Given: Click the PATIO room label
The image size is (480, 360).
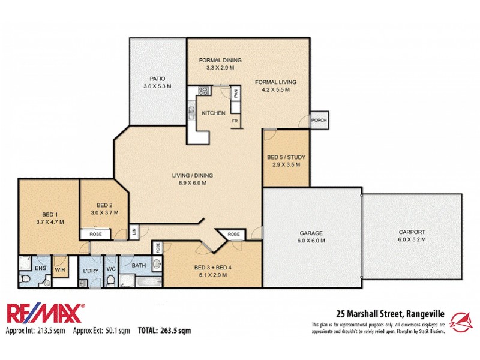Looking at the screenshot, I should pyautogui.click(x=157, y=79).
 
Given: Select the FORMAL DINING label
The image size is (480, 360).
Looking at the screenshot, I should pyautogui.click(x=220, y=60).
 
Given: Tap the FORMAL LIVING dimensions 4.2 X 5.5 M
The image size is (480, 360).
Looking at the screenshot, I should pyautogui.click(x=275, y=89).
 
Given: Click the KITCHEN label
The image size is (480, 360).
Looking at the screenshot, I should pyautogui.click(x=213, y=113).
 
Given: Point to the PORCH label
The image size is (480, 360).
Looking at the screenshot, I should pyautogui.click(x=319, y=121).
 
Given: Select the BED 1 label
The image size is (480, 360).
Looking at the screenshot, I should pyautogui.click(x=50, y=214).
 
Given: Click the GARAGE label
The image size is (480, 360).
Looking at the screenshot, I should pyautogui.click(x=311, y=233).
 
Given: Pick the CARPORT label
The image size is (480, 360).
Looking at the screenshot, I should pyautogui.click(x=412, y=232).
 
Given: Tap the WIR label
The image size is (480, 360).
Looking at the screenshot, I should pyautogui.click(x=59, y=271).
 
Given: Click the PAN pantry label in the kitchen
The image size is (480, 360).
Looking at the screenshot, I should pyautogui.click(x=236, y=94).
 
